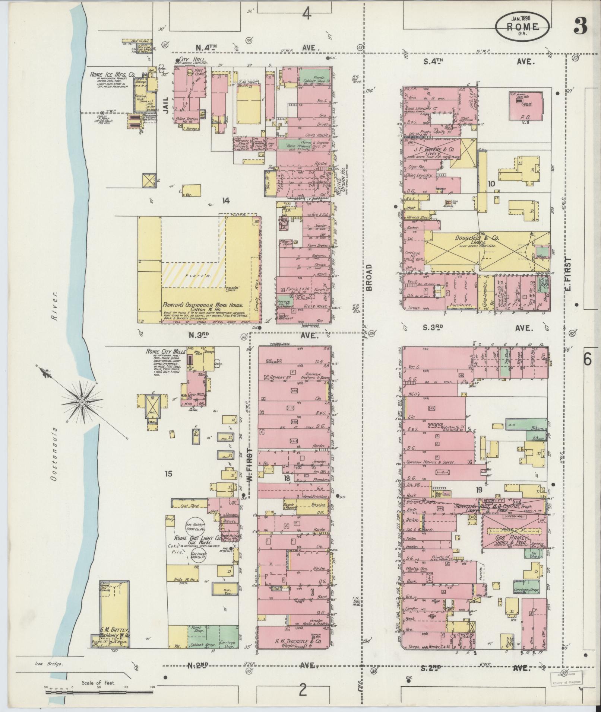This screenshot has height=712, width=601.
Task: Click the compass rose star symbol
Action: (81, 402)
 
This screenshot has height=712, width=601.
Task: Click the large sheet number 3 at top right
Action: (581, 25)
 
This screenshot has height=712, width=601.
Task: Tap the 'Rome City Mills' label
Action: (164, 351)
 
